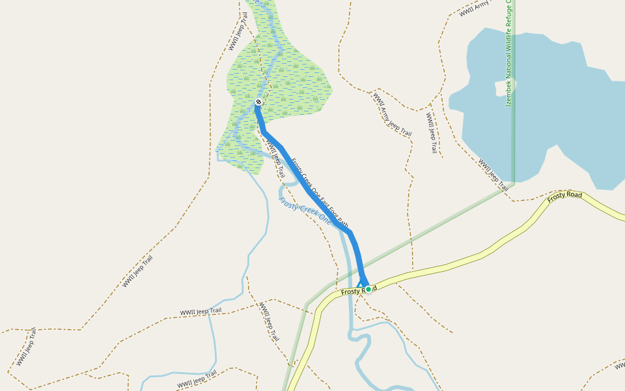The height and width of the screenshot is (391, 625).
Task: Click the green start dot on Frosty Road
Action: click(x=368, y=289)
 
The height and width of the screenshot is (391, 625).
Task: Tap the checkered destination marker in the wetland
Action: click(x=258, y=102)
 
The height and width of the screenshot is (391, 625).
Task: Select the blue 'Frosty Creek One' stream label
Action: click(x=305, y=210)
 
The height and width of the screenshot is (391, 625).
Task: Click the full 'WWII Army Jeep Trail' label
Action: click(x=392, y=115)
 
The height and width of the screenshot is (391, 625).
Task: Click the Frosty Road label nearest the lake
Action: click(x=564, y=195)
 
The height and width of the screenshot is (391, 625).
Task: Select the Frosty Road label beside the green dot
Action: click(x=355, y=291)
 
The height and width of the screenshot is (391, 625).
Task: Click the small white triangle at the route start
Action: click(x=361, y=285)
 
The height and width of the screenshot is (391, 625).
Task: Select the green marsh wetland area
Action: click(x=293, y=85)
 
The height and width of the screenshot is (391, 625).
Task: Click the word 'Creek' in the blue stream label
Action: click(x=306, y=212)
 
